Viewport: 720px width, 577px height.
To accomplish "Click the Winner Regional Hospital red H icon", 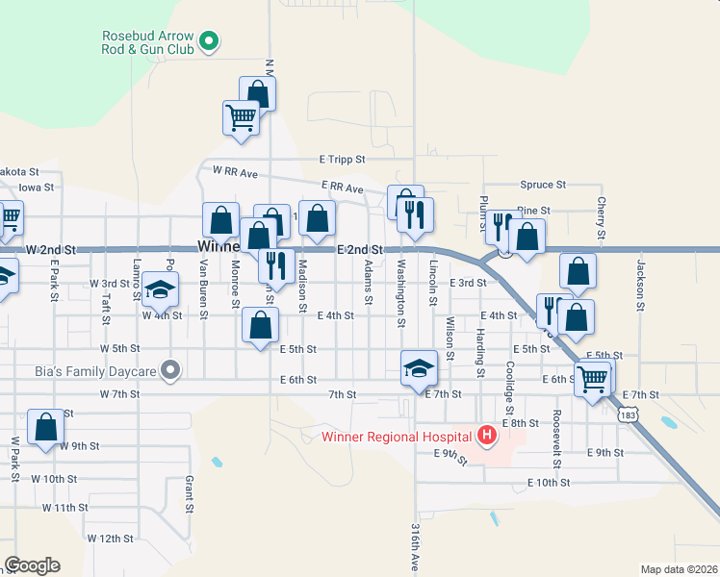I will pyautogui.click(x=487, y=437).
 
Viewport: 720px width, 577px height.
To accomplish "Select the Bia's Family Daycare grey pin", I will pyautogui.click(x=171, y=368).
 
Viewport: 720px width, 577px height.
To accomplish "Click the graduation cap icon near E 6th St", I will pyautogui.click(x=419, y=368).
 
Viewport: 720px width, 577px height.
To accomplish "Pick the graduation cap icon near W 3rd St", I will pyautogui.click(x=161, y=288).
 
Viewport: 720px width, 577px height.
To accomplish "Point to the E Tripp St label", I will pyautogui.click(x=343, y=159).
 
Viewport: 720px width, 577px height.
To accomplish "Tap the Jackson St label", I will pyautogui.click(x=639, y=285).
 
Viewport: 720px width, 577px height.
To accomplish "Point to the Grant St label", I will pyautogui.click(x=190, y=494).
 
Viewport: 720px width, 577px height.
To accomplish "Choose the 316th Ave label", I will pyautogui.click(x=415, y=548).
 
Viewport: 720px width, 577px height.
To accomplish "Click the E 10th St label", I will pyautogui.click(x=549, y=483).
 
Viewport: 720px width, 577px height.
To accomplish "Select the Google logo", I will pyautogui.click(x=33, y=565).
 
